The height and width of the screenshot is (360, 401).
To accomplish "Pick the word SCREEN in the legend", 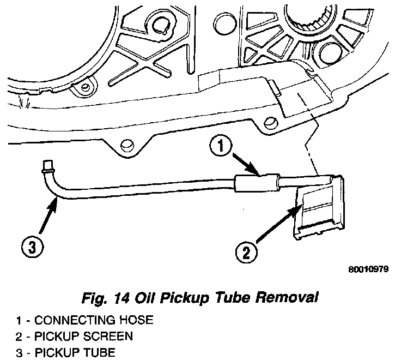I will (114, 336).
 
